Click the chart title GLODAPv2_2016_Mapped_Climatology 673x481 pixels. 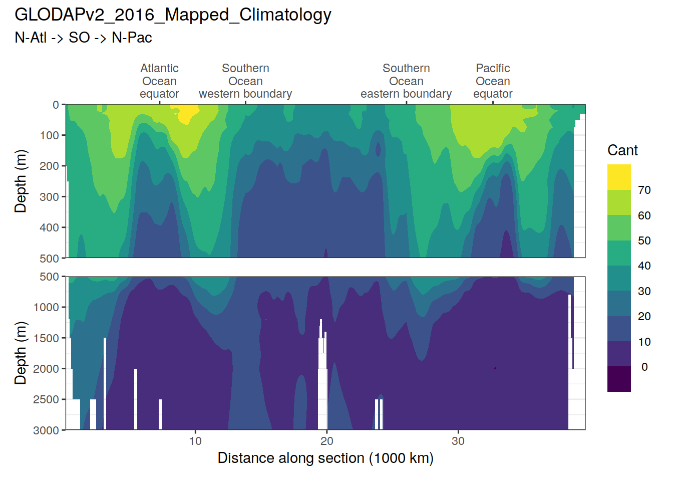point(173,15)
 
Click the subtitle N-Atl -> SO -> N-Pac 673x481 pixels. point(83,38)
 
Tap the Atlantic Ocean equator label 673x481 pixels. point(159,81)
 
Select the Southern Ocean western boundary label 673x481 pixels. point(245,81)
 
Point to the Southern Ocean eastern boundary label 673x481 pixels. point(406,81)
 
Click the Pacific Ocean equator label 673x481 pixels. point(493,81)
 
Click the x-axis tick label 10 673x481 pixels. point(195,441)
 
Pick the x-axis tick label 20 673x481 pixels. point(326,441)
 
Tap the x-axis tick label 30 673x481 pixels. point(458,441)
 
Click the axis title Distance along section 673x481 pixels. point(325,458)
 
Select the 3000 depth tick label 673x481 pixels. point(46,430)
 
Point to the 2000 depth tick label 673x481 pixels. point(46,369)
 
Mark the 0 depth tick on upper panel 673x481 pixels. point(56,105)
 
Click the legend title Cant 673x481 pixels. point(622,150)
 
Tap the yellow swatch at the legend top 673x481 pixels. point(619,177)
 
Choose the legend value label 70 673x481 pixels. point(644,190)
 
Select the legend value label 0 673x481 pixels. point(644,367)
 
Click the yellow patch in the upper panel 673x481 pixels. point(186,114)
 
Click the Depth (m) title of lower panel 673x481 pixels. point(21,353)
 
